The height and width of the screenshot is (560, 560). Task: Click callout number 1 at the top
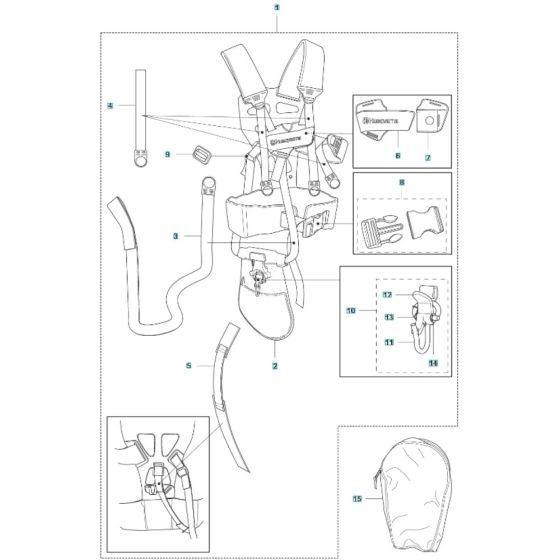pyautogui.click(x=275, y=8)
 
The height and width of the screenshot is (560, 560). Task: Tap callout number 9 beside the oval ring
pyautogui.click(x=168, y=153)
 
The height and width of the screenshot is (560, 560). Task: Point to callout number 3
pyautogui.click(x=174, y=236)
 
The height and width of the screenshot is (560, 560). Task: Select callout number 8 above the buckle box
pyautogui.click(x=402, y=183)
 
